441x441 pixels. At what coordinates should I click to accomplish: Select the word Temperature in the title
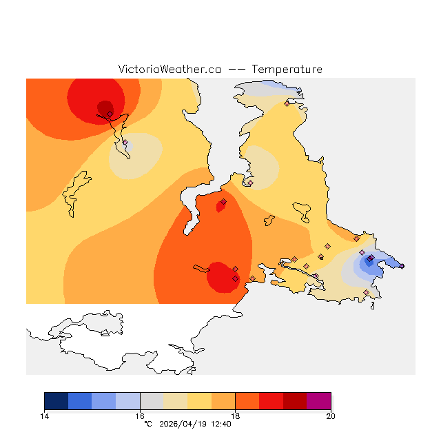[287, 70]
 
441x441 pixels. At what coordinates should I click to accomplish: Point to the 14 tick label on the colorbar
[44, 416]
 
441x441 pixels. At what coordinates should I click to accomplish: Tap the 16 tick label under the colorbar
[140, 416]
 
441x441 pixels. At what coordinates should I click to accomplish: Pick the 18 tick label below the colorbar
[235, 416]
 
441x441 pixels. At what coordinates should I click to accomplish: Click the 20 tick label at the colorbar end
[331, 416]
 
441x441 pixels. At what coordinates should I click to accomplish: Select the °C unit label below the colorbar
[147, 424]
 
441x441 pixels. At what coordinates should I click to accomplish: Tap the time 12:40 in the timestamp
[220, 424]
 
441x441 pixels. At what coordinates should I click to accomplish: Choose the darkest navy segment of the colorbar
[56, 401]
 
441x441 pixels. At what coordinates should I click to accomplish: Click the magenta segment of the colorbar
[319, 401]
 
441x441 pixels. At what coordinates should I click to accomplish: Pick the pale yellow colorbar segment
[199, 401]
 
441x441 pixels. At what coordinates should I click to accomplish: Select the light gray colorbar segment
[152, 401]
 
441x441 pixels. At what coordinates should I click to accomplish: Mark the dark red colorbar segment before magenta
[295, 401]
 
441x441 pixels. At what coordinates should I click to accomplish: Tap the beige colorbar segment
[176, 401]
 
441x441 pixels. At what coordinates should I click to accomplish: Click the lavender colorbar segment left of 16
[127, 401]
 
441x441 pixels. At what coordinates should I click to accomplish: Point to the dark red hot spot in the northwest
[104, 107]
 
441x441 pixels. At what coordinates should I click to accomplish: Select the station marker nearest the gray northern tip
[287, 103]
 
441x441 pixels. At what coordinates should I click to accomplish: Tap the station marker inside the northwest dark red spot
[110, 114]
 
